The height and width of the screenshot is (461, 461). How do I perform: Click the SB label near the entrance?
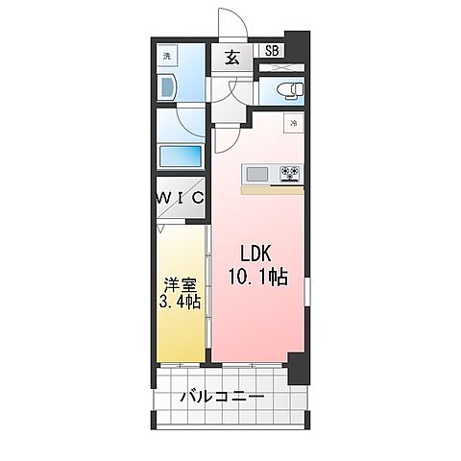(272, 51)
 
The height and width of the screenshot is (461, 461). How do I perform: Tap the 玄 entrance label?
(232, 58)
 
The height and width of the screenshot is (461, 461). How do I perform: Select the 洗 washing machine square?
(167, 57)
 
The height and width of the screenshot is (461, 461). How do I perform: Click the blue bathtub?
(181, 157)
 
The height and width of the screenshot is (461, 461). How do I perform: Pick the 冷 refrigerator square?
(293, 123)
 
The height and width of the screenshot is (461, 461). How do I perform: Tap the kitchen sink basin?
(256, 175)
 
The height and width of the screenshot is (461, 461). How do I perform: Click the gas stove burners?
(291, 174)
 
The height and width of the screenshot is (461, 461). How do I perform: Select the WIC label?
(181, 198)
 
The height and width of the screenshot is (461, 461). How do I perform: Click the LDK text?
(255, 254)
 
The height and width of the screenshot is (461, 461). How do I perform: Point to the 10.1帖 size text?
(258, 277)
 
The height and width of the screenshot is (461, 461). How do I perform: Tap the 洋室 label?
(180, 285)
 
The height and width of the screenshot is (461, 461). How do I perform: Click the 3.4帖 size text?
(180, 302)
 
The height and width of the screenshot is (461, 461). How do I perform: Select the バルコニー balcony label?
(223, 397)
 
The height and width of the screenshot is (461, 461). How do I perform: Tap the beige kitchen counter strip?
(272, 190)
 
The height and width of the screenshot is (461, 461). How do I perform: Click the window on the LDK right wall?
(307, 292)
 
